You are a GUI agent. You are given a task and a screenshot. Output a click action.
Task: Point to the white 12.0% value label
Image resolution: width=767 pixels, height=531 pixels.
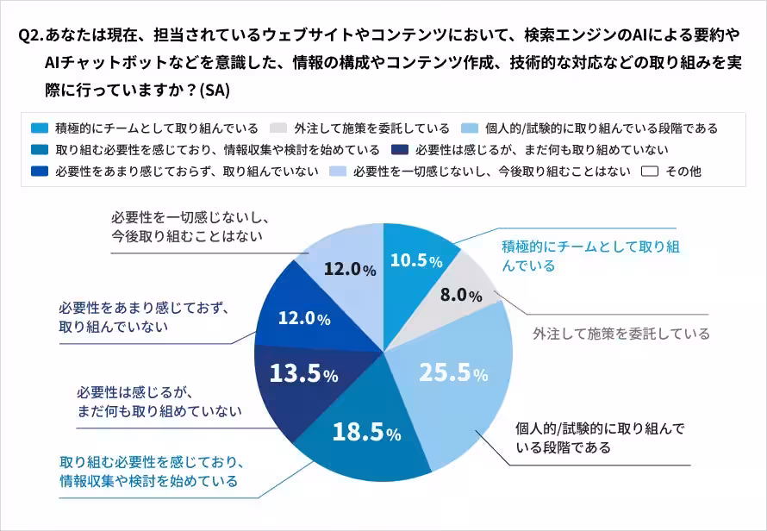pos(303,318)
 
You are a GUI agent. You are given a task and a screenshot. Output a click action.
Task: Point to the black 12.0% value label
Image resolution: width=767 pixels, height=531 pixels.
pos(349,270)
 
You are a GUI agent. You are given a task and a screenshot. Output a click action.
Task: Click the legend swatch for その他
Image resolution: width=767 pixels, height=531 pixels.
pos(649,172)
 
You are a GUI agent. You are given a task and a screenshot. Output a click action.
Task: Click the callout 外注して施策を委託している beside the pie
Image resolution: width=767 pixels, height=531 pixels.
pos(620,334)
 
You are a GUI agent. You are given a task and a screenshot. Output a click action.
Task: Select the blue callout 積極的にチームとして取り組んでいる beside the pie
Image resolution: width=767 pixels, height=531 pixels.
pos(591,257)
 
